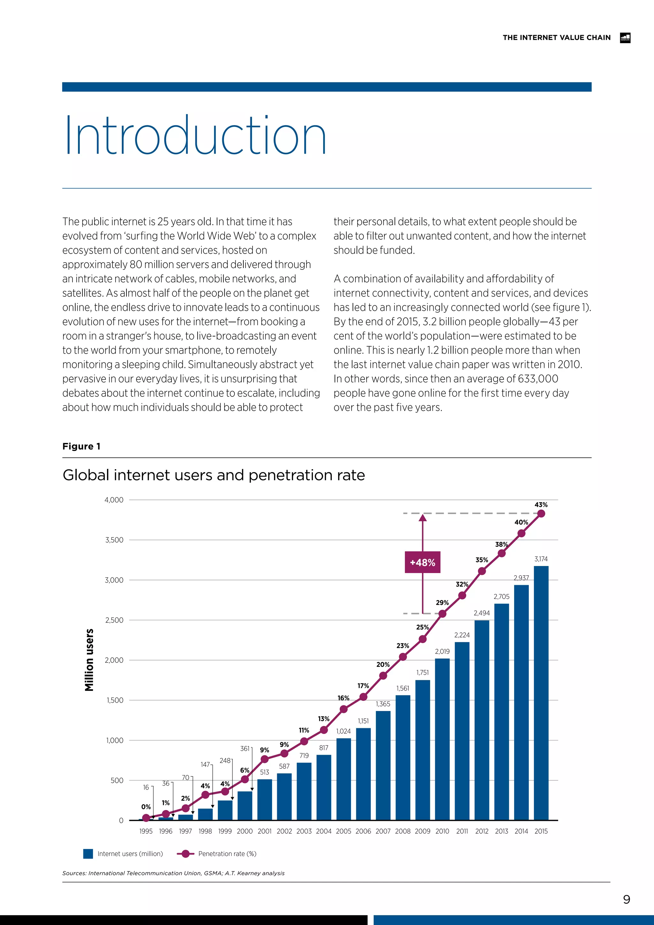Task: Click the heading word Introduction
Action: [195, 136]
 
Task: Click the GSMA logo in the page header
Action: [625, 38]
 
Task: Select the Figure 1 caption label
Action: [81, 447]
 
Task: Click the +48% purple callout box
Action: [422, 562]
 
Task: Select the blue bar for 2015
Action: [541, 693]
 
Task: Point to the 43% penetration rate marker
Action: [541, 514]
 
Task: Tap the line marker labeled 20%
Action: [383, 676]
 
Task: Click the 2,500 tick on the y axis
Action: [114, 620]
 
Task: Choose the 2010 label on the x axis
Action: [442, 831]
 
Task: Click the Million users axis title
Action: [89, 660]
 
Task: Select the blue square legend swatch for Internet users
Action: [88, 854]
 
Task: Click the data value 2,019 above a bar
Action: [442, 652]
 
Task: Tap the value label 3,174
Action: [541, 559]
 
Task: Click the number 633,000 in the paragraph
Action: [533, 379]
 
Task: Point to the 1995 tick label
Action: [146, 831]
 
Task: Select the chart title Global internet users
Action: [213, 475]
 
